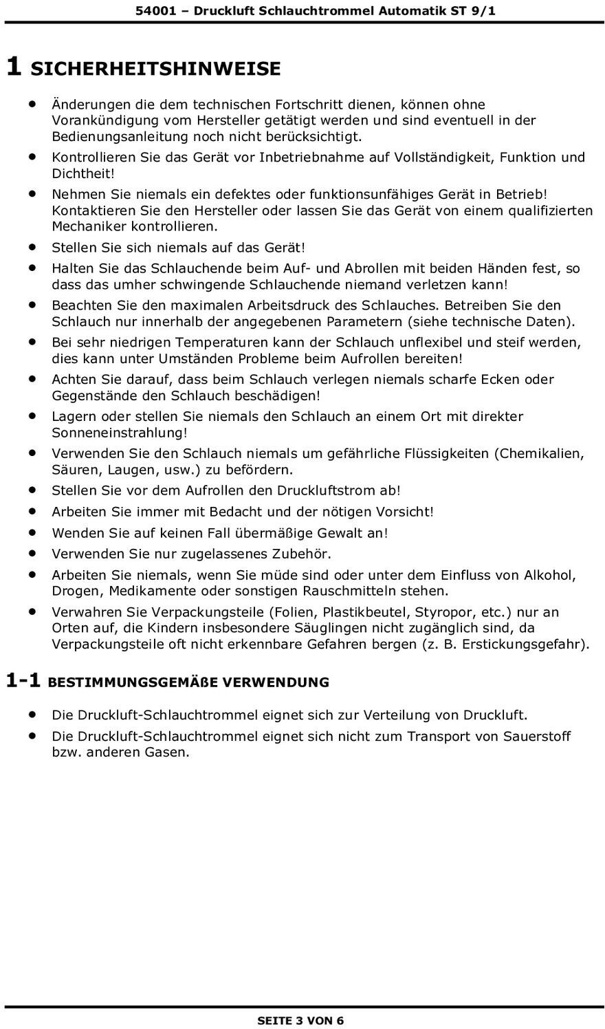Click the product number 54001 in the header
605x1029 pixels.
pyautogui.click(x=152, y=11)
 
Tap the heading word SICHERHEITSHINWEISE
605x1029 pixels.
pyautogui.click(x=156, y=69)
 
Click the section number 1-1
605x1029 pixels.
pyautogui.click(x=23, y=682)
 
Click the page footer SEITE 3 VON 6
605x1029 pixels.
pyautogui.click(x=300, y=1020)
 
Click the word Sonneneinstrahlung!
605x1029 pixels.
pyautogui.click(x=120, y=433)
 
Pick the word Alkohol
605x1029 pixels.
pyautogui.click(x=550, y=574)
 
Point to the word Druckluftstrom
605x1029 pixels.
pyautogui.click(x=328, y=490)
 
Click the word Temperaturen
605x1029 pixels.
pyautogui.click(x=221, y=342)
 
